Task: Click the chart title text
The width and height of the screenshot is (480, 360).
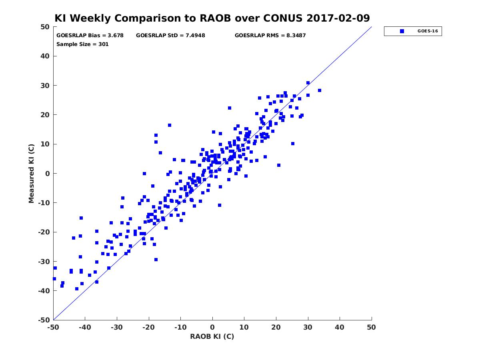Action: point(212,18)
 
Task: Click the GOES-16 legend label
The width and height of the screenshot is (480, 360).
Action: point(428,31)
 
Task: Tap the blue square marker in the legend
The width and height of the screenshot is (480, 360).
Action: point(402,31)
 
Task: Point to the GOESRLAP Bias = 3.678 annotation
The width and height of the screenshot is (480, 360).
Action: point(90,36)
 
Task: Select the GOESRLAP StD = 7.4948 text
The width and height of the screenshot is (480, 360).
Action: point(170,36)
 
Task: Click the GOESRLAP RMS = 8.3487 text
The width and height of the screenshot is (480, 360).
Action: point(270,36)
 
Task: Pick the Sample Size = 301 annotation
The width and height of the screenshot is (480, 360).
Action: point(82,44)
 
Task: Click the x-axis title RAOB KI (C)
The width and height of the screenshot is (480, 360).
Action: point(212,336)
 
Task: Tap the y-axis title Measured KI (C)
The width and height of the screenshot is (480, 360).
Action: point(31,174)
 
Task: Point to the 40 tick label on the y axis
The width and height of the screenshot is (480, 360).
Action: point(45,56)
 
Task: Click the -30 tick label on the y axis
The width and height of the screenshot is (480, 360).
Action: point(44,262)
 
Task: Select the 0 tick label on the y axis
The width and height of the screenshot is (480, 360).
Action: point(47,174)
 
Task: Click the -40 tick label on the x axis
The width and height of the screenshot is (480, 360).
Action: point(85,327)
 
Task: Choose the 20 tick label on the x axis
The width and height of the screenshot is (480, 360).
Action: point(276,327)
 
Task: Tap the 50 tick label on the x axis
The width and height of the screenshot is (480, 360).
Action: point(372,327)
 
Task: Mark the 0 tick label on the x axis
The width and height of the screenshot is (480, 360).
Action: point(212,327)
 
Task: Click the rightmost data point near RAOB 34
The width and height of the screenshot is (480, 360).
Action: point(320,90)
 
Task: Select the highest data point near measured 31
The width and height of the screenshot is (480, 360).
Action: point(308,83)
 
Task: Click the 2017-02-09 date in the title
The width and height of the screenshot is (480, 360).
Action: point(338,18)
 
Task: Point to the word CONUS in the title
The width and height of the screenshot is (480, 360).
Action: point(283,18)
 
